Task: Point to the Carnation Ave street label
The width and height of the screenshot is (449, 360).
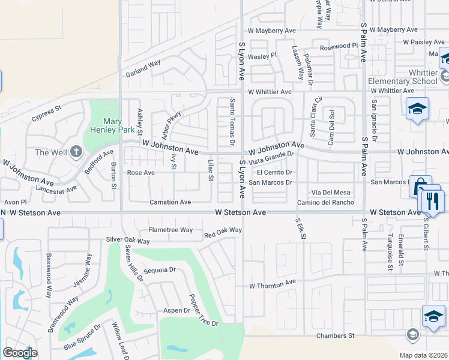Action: point(170,202)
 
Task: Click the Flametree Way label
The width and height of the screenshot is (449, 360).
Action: point(170,230)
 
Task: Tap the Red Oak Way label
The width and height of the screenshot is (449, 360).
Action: point(223,230)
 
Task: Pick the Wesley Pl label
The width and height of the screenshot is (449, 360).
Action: point(262,55)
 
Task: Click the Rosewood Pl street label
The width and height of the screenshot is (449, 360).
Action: point(339,46)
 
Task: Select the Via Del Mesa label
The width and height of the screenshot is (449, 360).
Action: point(330,192)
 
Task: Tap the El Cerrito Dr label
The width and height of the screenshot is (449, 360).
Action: point(275,172)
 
